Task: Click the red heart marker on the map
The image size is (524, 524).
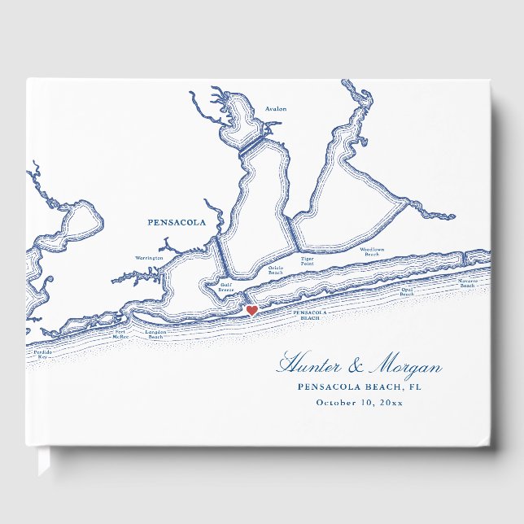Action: coord(251,311)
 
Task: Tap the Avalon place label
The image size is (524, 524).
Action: coord(276,109)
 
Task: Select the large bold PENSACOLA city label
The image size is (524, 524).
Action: coord(177,221)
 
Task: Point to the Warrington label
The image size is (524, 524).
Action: coord(149,258)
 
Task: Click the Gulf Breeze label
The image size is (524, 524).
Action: coord(226,286)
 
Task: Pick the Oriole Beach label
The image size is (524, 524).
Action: coord(276,269)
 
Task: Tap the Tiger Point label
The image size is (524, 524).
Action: coord(307,262)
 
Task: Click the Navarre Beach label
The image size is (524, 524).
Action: coord(467,282)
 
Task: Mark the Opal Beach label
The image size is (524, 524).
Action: coord(407,291)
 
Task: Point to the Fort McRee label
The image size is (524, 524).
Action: coord(120,334)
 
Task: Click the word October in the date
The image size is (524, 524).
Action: coord(336,402)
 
